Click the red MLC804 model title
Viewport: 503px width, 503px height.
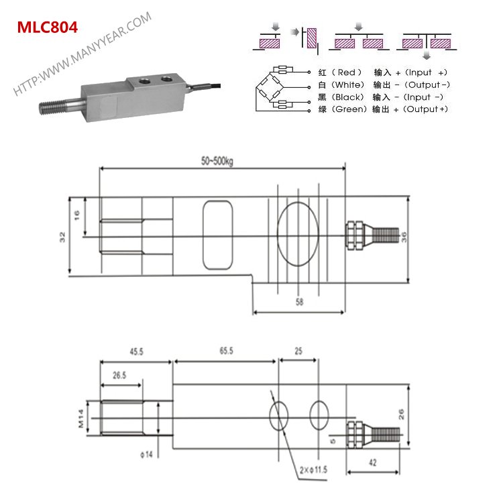[47, 27]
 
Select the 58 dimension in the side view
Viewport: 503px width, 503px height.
[298, 303]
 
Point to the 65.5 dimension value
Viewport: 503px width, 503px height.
[225, 351]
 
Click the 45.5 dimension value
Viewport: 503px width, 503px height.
[137, 351]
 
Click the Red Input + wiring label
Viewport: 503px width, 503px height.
[382, 72]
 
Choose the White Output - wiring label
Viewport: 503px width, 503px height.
[383, 85]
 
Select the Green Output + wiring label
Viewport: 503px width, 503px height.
[382, 109]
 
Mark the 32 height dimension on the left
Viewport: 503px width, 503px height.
[63, 236]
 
